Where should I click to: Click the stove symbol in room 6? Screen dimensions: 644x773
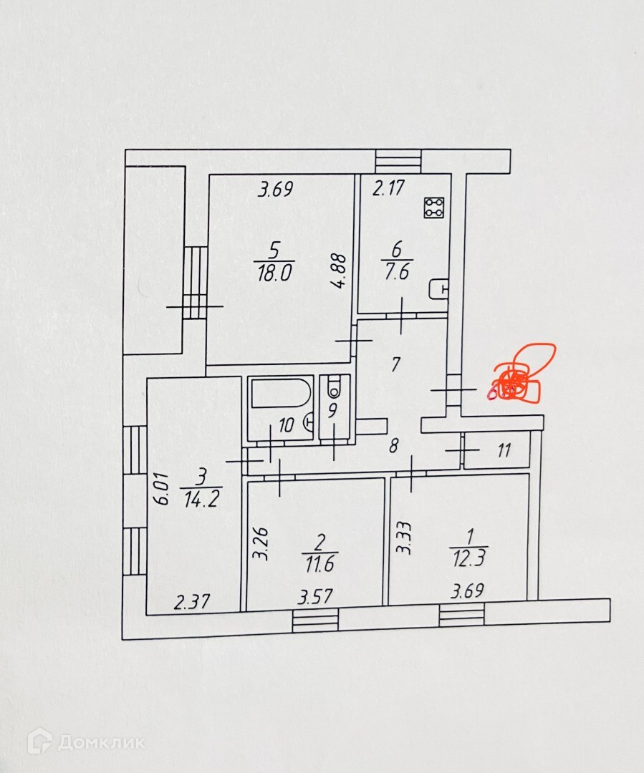tap(435, 208)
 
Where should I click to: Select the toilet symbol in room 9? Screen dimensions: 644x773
tap(333, 389)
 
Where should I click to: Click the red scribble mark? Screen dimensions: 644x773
tap(522, 374)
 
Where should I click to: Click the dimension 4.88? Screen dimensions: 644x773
tap(341, 271)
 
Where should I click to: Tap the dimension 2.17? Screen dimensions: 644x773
tap(389, 189)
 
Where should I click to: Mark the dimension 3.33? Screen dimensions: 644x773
tap(405, 538)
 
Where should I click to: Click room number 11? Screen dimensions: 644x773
tap(504, 451)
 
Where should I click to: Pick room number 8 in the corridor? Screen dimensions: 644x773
tap(393, 447)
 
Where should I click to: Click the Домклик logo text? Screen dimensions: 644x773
tap(101, 742)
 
